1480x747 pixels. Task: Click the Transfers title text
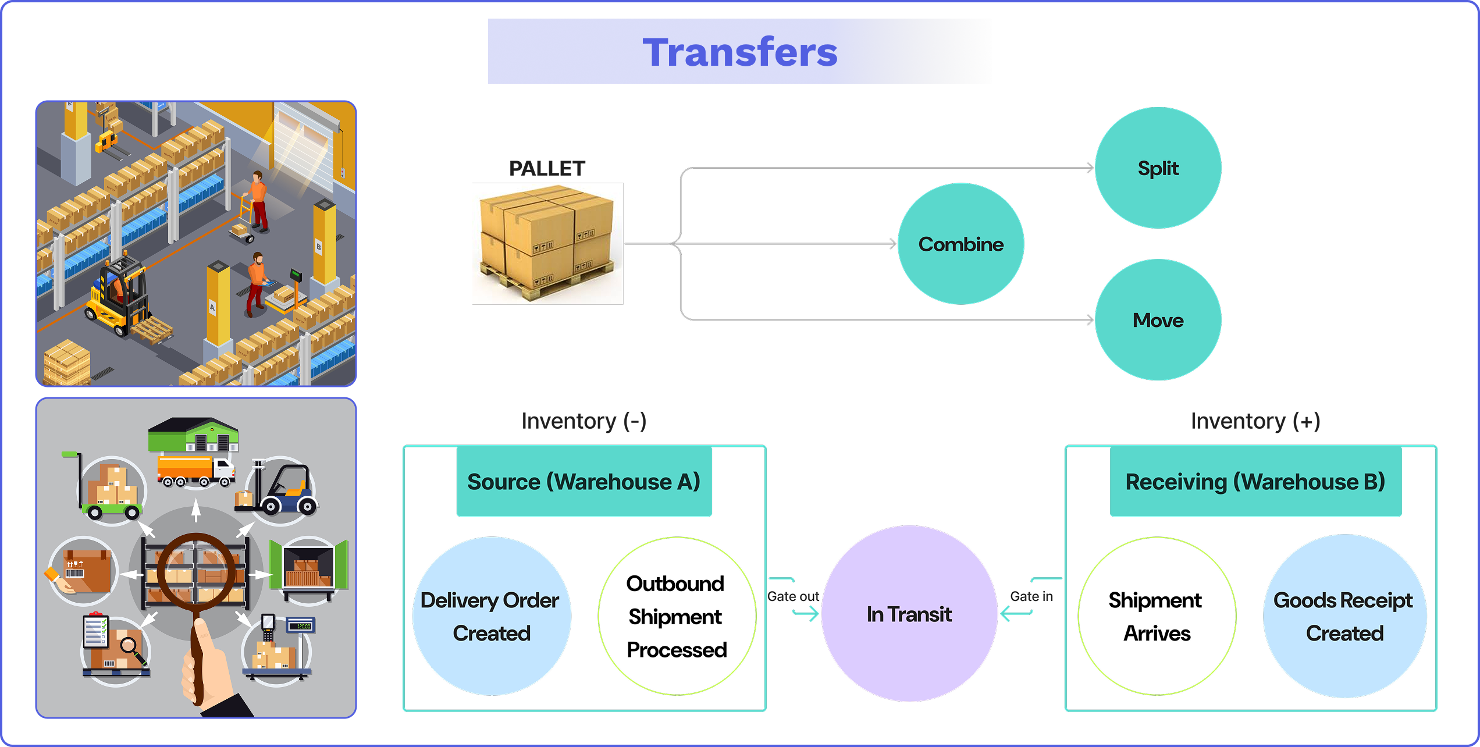coord(739,52)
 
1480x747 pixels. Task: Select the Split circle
coord(1158,168)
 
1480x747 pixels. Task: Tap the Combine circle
coord(960,244)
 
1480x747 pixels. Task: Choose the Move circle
coord(1158,320)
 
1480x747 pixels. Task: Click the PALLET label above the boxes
coord(547,169)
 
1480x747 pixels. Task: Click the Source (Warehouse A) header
coord(584,482)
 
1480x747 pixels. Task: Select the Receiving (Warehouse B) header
coord(1255,482)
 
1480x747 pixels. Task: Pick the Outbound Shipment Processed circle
coord(677,616)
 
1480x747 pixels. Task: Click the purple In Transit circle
coord(909,614)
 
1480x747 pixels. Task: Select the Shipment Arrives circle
coord(1157,616)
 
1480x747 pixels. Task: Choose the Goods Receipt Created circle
coord(1344,616)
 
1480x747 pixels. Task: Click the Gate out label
coord(793,596)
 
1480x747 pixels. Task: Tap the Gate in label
coord(1031,596)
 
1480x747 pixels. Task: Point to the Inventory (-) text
coord(584,421)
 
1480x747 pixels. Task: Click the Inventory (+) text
coord(1255,421)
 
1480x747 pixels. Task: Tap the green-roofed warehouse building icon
coord(194,435)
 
